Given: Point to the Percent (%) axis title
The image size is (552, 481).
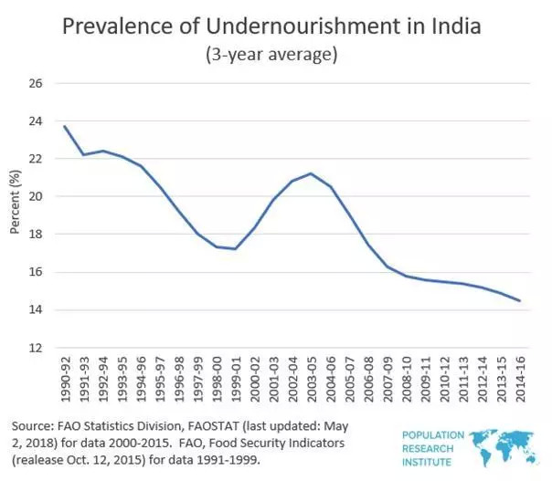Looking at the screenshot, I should pos(14,203).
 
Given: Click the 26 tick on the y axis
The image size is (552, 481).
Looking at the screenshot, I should pos(36,83).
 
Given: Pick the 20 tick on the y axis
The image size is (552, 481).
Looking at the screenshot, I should pos(36,196).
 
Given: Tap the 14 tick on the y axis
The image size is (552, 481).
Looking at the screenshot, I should pos(36,310).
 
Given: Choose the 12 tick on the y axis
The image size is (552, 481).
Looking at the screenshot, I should pos(36,348).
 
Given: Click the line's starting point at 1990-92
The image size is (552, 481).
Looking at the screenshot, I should pos(65,126).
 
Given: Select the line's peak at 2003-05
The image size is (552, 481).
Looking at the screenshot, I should pos(312,173).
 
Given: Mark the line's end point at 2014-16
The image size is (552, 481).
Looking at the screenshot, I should pos(521,301).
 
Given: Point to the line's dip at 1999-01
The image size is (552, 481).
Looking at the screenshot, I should pos(236,249).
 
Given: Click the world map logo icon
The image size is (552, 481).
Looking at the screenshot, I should pos(506,444).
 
